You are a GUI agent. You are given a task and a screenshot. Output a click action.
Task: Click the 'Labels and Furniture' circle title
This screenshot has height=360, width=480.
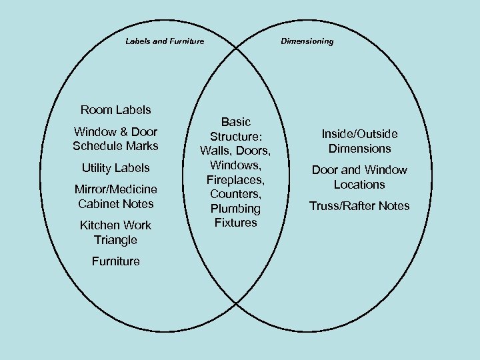[x=165, y=41]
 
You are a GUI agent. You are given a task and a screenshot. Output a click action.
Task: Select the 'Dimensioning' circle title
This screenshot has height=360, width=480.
[x=307, y=41]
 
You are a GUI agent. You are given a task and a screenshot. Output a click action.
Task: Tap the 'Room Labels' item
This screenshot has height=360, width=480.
[x=115, y=109]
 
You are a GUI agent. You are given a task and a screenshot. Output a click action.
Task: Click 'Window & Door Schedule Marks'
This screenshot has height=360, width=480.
[x=115, y=139]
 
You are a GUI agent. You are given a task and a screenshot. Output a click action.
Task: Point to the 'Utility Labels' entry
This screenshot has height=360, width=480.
[x=115, y=168]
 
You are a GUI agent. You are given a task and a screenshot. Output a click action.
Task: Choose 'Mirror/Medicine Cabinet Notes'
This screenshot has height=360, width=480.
[x=115, y=197]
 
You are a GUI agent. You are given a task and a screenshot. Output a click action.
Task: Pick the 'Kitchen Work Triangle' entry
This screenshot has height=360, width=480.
[x=115, y=233]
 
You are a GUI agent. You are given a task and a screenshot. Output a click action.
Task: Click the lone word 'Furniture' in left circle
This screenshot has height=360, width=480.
[x=115, y=261]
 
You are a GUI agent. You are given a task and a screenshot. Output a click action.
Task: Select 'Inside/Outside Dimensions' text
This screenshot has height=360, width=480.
[x=359, y=141]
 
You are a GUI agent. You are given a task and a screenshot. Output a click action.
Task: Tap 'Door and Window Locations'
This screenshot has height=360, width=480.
[x=359, y=177]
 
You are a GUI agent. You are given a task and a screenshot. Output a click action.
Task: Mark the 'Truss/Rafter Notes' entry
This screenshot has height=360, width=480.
[x=359, y=206]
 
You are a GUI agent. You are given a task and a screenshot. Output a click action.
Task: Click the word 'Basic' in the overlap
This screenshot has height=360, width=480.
[x=236, y=122]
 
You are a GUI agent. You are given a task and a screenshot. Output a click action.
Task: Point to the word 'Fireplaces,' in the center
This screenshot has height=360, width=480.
[x=236, y=179]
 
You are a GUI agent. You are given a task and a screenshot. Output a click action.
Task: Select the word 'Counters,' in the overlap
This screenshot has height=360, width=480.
[x=236, y=193]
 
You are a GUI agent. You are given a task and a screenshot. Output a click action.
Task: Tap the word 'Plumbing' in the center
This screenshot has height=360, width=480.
[x=236, y=208]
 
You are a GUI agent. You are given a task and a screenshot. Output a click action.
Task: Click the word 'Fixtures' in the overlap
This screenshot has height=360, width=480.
[x=236, y=223]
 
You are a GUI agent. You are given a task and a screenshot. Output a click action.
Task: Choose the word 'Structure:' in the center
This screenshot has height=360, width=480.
[x=236, y=136]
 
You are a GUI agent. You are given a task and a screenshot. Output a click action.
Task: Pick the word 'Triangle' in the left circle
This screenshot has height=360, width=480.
[x=115, y=240]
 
